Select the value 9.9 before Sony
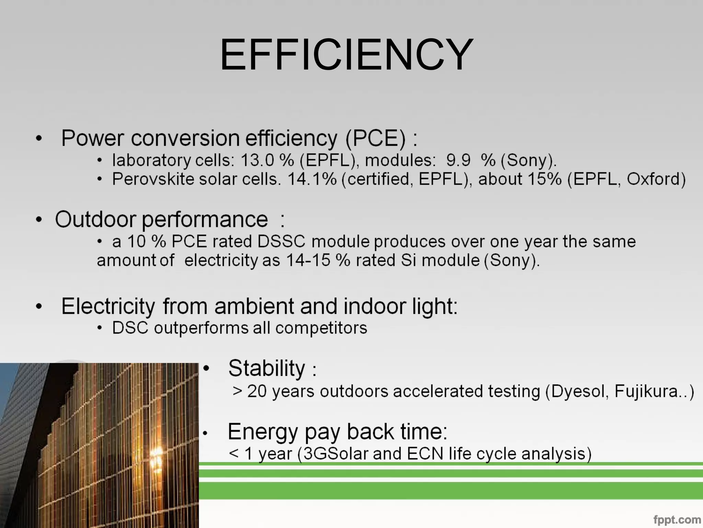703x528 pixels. [458, 160]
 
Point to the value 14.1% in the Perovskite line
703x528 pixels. [312, 179]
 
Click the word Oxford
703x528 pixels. [656, 179]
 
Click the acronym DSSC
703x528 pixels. [281, 241]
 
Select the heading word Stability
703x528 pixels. [266, 368]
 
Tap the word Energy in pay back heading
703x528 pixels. [263, 432]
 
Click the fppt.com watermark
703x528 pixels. [677, 519]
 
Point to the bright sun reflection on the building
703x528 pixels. [158, 454]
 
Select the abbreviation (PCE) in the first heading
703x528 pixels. [376, 138]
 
